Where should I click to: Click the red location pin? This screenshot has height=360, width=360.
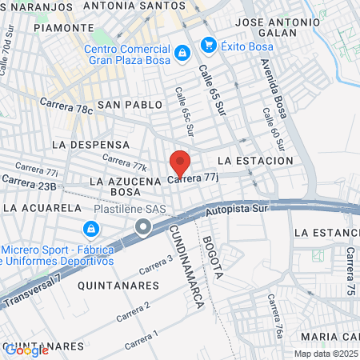coord(180,163)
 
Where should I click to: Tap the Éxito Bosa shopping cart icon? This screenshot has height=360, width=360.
coord(208,44)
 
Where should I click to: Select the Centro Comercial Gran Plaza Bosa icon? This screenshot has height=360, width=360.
coord(182,53)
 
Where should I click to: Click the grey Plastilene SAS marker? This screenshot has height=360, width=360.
coord(142,228)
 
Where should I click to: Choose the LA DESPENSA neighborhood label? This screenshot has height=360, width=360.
coord(90,145)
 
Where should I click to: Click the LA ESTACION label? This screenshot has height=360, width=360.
coord(255,161)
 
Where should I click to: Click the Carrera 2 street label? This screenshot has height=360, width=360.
coord(133,311)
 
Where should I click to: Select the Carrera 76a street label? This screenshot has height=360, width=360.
coord(275,313)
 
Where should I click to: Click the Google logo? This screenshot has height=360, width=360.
coord(26,350)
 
